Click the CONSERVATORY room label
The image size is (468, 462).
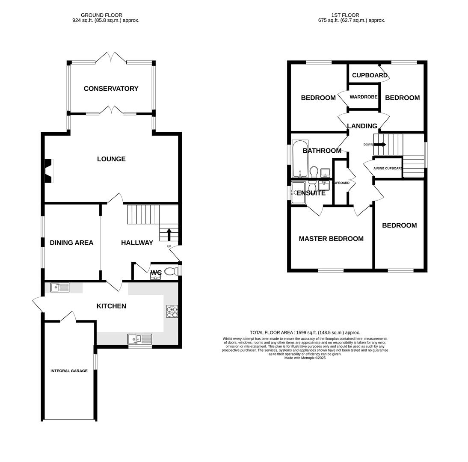(111, 89)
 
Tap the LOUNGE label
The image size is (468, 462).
(111, 159)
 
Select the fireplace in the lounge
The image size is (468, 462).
(49, 171)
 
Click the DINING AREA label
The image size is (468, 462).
(71, 243)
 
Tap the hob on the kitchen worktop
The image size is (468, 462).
(172, 311)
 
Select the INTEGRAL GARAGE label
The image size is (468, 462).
(69, 371)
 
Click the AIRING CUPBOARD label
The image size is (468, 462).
(388, 169)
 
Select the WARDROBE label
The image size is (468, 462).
(363, 97)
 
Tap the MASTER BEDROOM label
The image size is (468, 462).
(331, 239)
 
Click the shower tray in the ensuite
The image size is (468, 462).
(298, 192)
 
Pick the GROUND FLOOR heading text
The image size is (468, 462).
(101, 15)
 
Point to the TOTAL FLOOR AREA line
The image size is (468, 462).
(305, 332)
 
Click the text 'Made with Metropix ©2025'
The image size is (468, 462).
(305, 358)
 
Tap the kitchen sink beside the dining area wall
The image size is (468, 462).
(60, 287)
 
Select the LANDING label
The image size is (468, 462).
(362, 126)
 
